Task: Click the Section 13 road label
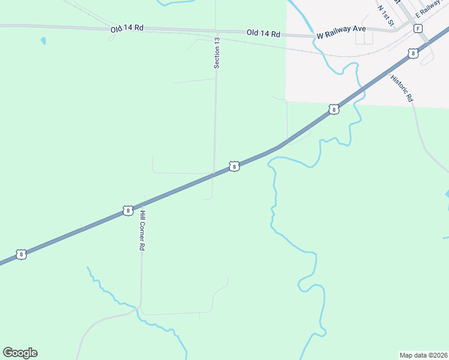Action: (x=217, y=53)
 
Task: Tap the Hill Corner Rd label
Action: (x=142, y=230)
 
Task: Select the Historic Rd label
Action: (x=402, y=88)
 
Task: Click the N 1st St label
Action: (x=385, y=16)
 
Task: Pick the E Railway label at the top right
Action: (x=431, y=8)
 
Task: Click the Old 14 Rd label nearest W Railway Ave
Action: (x=264, y=34)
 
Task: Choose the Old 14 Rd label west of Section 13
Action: (x=127, y=29)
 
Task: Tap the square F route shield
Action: (x=418, y=28)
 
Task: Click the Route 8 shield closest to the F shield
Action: (x=412, y=53)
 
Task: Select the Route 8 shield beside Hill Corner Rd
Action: (x=127, y=210)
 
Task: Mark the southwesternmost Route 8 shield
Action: (x=22, y=254)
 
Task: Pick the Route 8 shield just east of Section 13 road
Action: (x=234, y=166)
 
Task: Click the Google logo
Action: (x=20, y=353)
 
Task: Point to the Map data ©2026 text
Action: (x=423, y=355)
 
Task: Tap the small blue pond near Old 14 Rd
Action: (x=43, y=41)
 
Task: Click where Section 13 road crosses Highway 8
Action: (x=214, y=175)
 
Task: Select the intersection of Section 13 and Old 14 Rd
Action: (x=216, y=31)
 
